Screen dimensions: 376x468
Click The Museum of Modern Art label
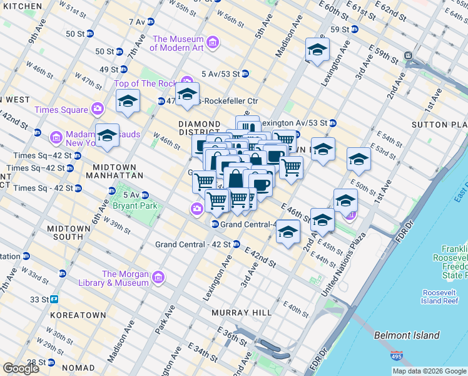tap(177, 43)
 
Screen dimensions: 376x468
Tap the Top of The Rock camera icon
tap(186, 80)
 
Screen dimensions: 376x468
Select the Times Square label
tap(61, 110)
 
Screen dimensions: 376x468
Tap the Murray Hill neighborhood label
tap(242, 312)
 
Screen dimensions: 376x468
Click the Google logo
tap(21, 368)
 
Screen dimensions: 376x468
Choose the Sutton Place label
tap(439, 125)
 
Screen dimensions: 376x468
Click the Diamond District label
tap(199, 129)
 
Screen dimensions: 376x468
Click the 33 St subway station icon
tap(54, 299)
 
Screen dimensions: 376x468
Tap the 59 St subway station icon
tap(354, 29)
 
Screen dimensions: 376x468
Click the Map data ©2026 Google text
tap(429, 371)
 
